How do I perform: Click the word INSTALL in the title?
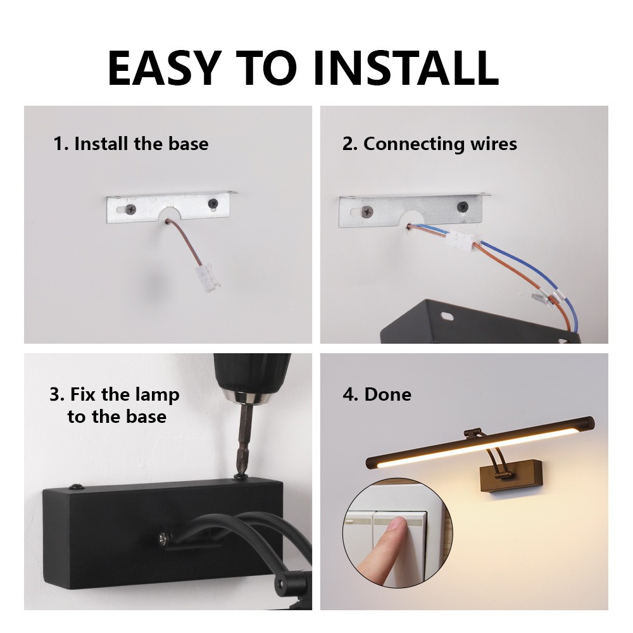coord(405,68)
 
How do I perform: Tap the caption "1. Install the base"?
coord(131,144)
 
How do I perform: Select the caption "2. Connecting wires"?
coord(430,144)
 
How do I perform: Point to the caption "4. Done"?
coord(377,394)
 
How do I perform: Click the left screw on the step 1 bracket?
coord(131,209)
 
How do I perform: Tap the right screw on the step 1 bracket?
coord(213,203)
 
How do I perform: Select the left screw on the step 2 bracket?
coord(367,211)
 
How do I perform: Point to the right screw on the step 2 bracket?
coord(463,207)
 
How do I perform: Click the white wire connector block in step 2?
coord(462,240)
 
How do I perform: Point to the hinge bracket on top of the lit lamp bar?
coord(473,434)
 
